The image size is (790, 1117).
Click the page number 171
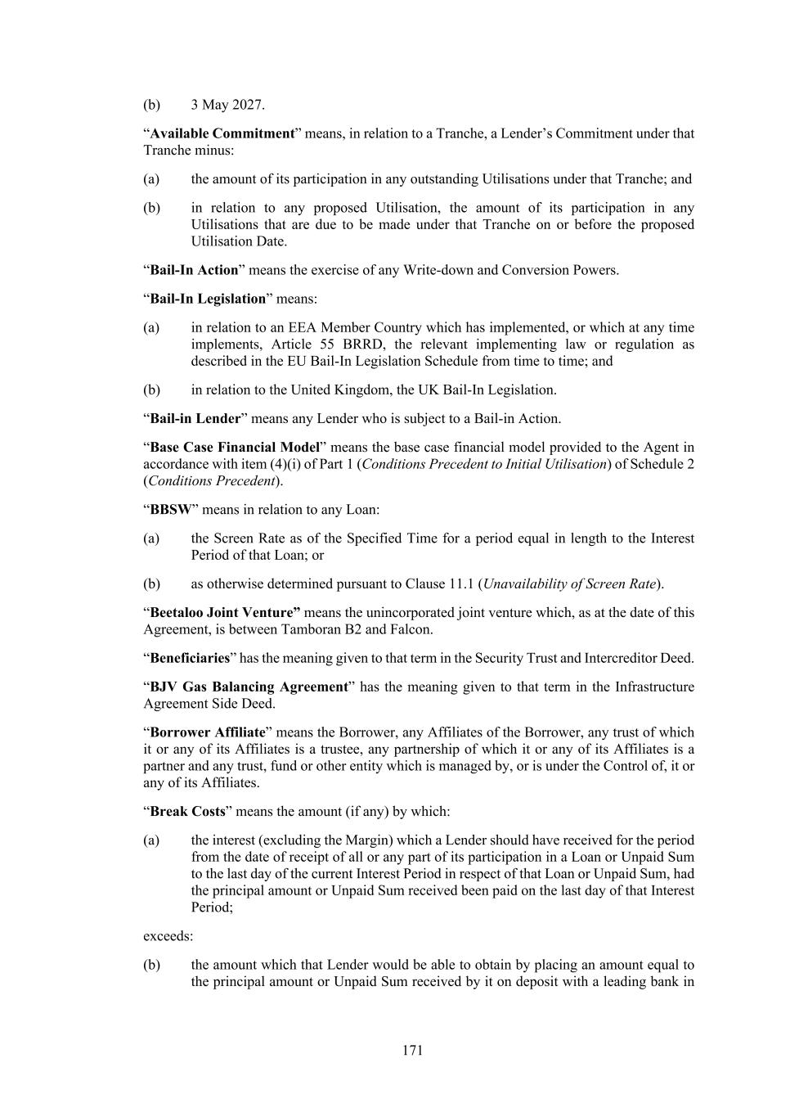412,1050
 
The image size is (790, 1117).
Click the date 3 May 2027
227,105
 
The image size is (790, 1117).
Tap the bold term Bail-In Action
194,270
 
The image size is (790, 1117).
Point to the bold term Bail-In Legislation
208,299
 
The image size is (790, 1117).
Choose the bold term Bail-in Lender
195,418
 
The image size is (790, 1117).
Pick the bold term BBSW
170,509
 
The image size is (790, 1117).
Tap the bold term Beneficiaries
190,658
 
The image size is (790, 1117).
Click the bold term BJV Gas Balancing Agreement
249,687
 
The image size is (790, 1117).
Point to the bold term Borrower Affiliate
208,732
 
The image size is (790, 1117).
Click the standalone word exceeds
168,935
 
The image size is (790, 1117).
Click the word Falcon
415,629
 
